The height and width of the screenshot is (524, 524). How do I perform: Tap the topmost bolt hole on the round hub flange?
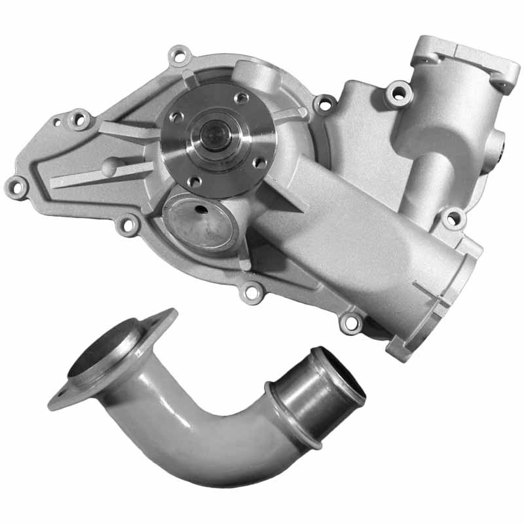tap(241, 98)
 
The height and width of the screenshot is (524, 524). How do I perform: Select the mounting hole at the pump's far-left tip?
tap(16, 187)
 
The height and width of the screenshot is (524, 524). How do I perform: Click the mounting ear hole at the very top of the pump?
tap(179, 54)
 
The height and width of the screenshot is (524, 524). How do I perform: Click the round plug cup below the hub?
tap(200, 223)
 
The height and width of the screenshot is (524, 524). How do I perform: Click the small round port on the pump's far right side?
tap(499, 141)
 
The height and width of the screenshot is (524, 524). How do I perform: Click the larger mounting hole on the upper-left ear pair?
tap(81, 119)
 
